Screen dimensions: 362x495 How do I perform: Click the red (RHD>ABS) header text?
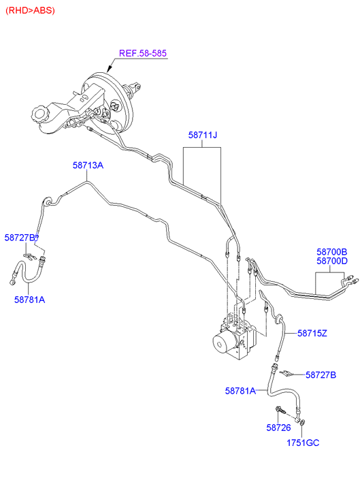click(x=31, y=10)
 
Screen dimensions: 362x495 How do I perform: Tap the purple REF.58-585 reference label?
click(x=143, y=53)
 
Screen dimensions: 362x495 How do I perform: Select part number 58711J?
click(x=203, y=135)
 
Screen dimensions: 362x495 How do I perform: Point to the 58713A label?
click(x=88, y=165)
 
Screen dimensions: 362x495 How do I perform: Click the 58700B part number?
click(x=332, y=252)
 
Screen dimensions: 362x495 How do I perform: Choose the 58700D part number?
click(x=332, y=261)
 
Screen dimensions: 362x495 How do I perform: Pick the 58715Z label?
click(x=312, y=333)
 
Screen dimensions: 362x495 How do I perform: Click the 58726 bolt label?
click(x=278, y=428)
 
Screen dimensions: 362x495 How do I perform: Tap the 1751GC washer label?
click(x=303, y=443)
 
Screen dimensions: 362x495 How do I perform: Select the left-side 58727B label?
click(x=20, y=238)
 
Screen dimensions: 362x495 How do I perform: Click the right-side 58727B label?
click(x=320, y=374)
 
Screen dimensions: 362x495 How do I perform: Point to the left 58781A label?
click(x=30, y=300)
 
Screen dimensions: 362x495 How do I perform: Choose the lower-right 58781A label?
click(x=240, y=391)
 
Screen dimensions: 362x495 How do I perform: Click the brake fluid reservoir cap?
click(x=39, y=114)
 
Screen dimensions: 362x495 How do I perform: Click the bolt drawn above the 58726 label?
click(x=280, y=410)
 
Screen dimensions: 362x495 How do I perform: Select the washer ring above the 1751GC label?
click(x=302, y=421)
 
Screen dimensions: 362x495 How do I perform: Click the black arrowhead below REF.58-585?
click(x=110, y=68)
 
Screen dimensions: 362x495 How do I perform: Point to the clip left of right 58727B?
click(x=285, y=373)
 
